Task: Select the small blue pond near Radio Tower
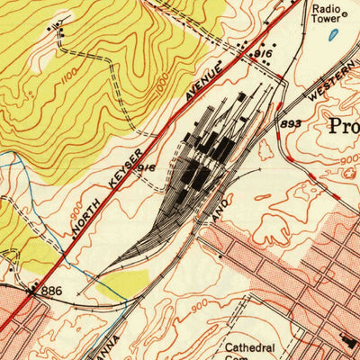coord(335,36)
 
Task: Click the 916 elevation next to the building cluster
coord(262,56)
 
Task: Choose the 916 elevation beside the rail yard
coord(148,168)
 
